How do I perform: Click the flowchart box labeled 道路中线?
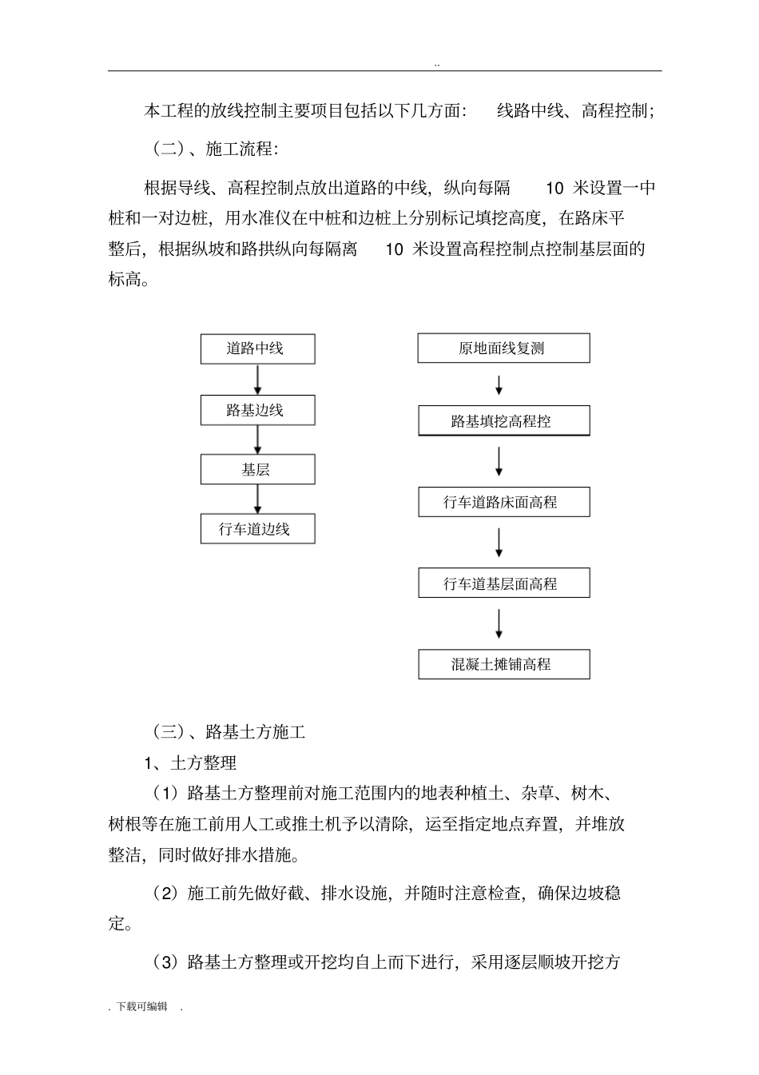pos(257,349)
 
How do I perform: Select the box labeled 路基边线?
pos(257,411)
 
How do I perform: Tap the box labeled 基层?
pos(257,470)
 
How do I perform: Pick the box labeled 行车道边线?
pos(257,529)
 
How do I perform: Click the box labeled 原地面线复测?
pos(503,349)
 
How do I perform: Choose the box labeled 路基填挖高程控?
pos(503,421)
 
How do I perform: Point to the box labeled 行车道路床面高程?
pos(503,503)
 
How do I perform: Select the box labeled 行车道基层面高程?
pos(503,583)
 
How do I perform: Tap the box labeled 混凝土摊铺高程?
pos(503,664)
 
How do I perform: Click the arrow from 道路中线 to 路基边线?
pos(257,380)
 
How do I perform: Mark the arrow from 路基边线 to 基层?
pos(257,440)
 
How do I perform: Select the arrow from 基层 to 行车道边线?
pos(257,500)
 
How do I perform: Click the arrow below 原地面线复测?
pos(499,385)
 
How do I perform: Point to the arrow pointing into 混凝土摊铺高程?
pos(499,624)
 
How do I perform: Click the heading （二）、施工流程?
pos(215,149)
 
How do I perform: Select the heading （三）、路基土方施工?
pos(228,731)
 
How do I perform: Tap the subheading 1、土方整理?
pos(191,763)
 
